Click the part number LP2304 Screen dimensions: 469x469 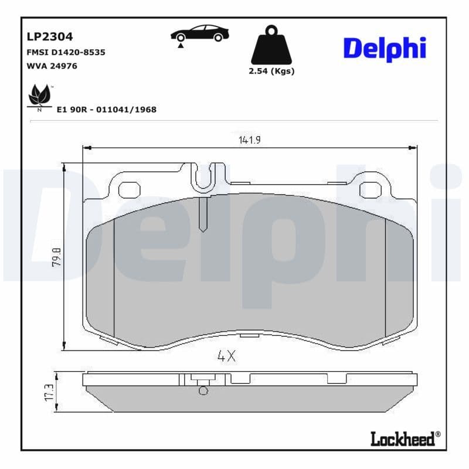point(50,36)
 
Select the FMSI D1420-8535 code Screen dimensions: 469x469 point(66,52)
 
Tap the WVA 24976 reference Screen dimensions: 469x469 point(52,66)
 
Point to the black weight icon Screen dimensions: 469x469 point(271,46)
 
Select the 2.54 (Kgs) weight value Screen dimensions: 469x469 point(271,72)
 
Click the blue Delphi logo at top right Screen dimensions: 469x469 point(384,49)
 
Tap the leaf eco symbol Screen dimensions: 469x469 point(40,96)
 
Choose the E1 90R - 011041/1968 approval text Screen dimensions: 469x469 point(107,109)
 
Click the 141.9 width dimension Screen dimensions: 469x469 point(250,140)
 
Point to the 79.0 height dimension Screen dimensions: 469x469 point(56,256)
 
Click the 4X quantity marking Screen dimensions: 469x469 point(226,356)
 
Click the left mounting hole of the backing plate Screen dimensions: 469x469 point(130,189)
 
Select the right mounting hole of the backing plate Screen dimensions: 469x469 point(370,189)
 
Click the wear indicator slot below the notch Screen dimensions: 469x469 point(203,214)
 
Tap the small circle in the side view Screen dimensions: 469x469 point(203,390)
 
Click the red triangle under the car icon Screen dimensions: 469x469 point(181,45)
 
